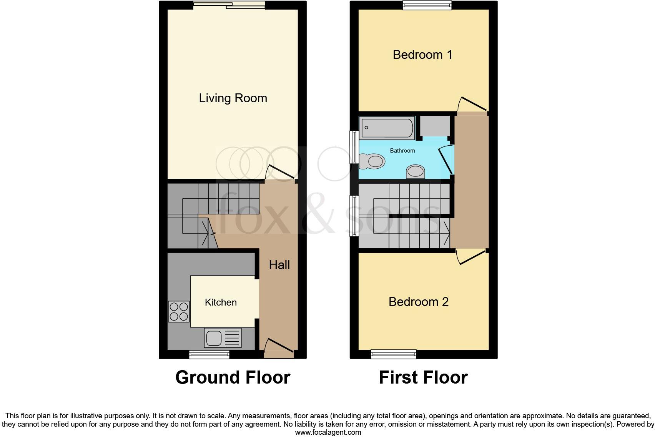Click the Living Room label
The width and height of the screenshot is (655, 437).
tap(233, 98)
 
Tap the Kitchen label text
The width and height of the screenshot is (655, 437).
tap(221, 302)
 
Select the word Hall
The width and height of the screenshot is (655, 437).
tap(279, 264)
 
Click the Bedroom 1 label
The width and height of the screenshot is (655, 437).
tap(422, 55)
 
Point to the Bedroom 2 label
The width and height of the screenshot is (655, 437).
tap(419, 301)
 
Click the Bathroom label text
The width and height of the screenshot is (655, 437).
tap(402, 150)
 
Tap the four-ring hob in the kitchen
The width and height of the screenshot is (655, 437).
tap(179, 311)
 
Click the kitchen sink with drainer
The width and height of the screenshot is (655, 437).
tap(223, 338)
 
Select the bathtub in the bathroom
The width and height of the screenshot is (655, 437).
tap(387, 127)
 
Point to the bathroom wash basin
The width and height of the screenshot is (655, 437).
tap(416, 172)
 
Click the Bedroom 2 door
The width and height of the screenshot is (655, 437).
tap(472, 258)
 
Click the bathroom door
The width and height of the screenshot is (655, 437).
tap(446, 160)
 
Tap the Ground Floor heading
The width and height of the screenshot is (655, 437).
tap(233, 377)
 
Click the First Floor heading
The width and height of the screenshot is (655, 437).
tap(423, 377)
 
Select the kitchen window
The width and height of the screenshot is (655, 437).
tap(209, 354)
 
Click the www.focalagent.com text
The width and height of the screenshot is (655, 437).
tap(328, 432)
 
